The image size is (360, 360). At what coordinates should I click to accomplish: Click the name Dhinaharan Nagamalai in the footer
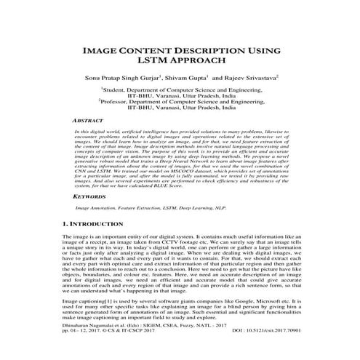[95, 347]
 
